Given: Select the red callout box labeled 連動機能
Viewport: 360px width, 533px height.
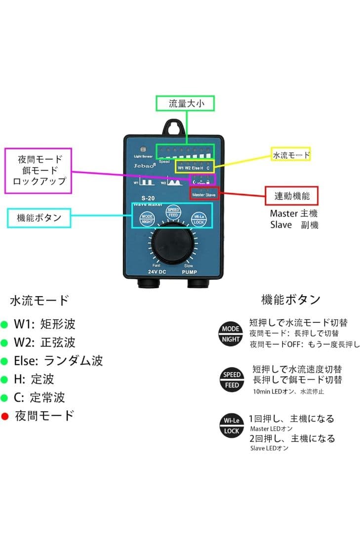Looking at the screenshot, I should pos(291,195).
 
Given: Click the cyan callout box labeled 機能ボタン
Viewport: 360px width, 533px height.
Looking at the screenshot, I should pos(39,217).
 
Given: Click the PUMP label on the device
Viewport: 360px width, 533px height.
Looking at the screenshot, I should pos(189,272).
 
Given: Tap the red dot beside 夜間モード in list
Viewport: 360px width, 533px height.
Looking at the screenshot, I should pos(5,417).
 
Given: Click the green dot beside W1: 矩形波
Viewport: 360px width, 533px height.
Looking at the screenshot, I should pos(5,325).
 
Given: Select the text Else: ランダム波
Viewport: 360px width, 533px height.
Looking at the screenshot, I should pos(59,361).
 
